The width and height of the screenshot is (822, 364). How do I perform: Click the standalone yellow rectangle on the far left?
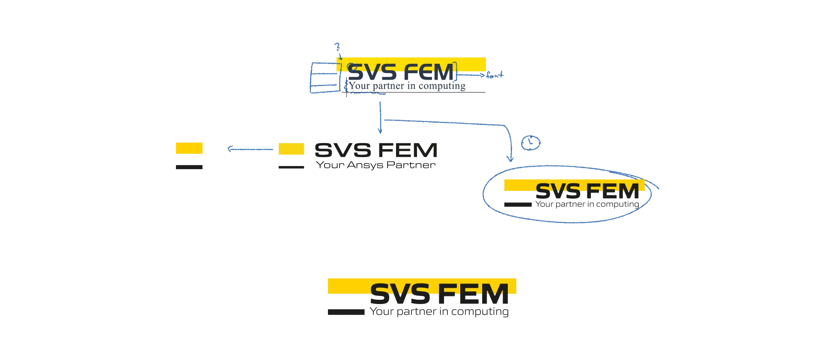tap(190, 147)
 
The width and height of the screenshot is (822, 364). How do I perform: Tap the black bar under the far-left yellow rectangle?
tap(190, 168)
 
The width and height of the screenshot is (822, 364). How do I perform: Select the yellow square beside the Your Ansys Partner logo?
tap(291, 149)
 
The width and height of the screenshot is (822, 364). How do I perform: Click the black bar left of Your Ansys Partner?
tap(291, 168)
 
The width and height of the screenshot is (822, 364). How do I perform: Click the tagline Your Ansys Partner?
tap(376, 166)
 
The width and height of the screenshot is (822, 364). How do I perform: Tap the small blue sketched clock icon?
tap(530, 143)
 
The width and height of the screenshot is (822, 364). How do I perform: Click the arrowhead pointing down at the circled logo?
tap(509, 159)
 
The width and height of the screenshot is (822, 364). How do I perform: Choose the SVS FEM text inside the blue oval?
tap(587, 191)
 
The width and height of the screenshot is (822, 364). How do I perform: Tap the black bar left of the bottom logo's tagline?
tap(345, 312)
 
